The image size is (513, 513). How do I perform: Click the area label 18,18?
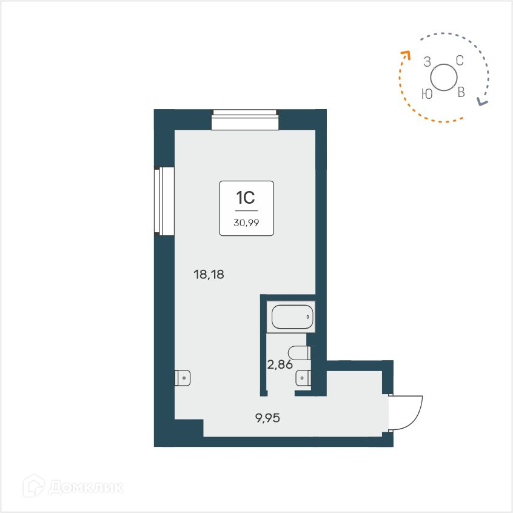209,275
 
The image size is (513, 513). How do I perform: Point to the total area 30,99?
246,221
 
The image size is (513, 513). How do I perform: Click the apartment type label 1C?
246,198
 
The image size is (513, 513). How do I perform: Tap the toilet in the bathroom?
300,352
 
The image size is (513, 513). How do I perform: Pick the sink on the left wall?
183,378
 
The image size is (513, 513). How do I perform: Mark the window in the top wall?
244,119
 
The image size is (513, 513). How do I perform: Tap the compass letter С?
460,60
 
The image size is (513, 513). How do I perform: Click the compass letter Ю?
427,93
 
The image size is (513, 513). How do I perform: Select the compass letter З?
428,61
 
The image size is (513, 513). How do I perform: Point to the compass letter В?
461,93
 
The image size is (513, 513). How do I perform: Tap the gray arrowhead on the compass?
481,102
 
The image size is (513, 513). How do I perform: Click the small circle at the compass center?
444,77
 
